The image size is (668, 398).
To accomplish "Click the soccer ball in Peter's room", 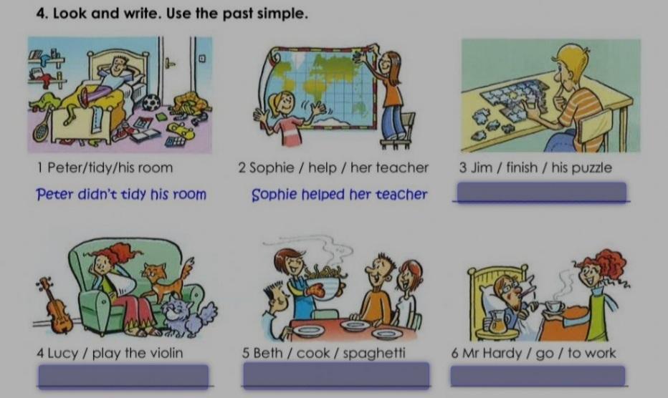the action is point(151,102).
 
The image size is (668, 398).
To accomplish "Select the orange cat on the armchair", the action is point(164,281).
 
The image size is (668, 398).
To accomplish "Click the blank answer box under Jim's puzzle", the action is point(541,192).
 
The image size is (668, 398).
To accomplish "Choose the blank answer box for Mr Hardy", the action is point(538,376).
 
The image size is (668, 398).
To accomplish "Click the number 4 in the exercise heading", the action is point(41,14).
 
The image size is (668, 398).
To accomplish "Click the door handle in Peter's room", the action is point(170,63).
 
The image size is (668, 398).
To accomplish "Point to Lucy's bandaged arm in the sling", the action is point(121,283).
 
